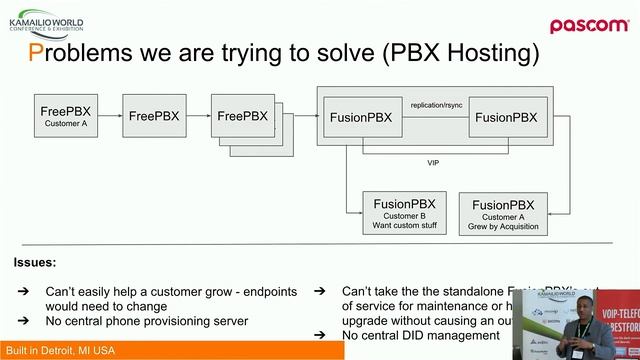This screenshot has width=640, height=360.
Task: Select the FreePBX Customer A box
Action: coord(67,118)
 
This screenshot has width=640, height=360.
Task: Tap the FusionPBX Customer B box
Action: coord(405,212)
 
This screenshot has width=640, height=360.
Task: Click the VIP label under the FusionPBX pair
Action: coord(432,162)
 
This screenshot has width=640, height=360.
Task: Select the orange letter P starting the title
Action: coord(35,51)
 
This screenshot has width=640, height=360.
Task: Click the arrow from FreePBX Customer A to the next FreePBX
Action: coord(110,118)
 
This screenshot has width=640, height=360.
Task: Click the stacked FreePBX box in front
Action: coord(242,116)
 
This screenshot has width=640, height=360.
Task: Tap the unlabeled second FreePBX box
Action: coord(154,117)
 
